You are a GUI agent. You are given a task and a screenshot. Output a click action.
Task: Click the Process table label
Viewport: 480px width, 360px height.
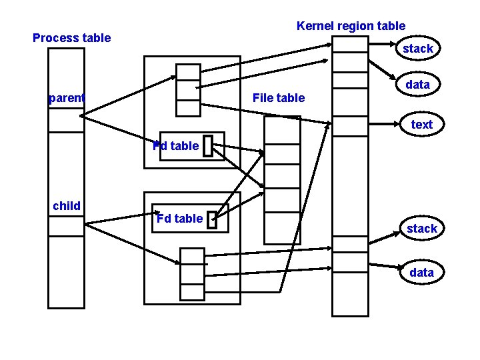[x=71, y=38]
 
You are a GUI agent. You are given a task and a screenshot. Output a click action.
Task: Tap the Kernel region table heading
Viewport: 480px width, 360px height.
[x=351, y=26]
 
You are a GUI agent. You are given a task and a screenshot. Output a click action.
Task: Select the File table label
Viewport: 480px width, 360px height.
[x=279, y=98]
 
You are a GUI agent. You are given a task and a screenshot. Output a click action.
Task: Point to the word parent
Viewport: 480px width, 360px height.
[x=67, y=99]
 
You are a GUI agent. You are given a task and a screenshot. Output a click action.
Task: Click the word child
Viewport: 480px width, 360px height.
[x=67, y=206]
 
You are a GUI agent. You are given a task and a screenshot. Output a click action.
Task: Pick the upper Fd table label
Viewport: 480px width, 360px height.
[x=176, y=146]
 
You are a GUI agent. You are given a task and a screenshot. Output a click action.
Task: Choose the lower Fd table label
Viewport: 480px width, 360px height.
[x=179, y=219]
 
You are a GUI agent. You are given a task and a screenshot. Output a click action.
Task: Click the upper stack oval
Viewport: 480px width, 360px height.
[x=418, y=49]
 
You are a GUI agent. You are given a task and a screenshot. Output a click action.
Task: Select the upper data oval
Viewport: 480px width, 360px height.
[x=418, y=85]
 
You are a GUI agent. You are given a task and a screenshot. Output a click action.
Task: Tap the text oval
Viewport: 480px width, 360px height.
[x=421, y=125]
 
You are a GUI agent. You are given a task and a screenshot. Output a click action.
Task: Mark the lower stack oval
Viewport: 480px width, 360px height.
[x=421, y=229]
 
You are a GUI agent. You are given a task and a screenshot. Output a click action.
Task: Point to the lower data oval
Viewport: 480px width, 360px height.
[x=421, y=273]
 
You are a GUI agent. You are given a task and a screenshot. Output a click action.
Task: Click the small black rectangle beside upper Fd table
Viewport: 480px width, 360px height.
[x=207, y=147]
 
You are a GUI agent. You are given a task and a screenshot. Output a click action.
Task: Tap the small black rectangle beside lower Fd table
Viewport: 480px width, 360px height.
[x=212, y=221]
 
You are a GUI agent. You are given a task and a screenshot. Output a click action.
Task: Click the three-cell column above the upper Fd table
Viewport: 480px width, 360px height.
[x=188, y=90]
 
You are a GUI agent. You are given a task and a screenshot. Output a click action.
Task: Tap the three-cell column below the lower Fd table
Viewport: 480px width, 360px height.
[x=192, y=273]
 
